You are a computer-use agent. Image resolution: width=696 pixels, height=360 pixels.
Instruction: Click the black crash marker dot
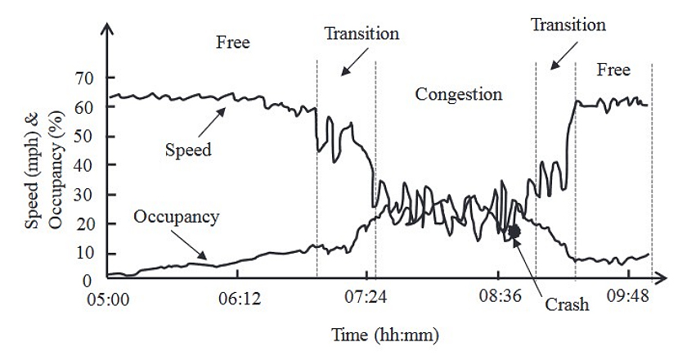(x=514, y=232)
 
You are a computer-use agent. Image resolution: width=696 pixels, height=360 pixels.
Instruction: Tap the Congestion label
(x=458, y=94)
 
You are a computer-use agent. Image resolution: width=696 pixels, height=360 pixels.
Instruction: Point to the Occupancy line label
(x=176, y=217)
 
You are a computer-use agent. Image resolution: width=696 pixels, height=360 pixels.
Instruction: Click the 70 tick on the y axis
(x=85, y=79)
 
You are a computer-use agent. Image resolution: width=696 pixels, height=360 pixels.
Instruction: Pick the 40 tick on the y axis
(x=85, y=165)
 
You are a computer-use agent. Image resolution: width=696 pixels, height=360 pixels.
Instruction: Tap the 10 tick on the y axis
(x=85, y=252)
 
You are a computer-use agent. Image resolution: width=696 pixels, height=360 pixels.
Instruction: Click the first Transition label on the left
(x=361, y=34)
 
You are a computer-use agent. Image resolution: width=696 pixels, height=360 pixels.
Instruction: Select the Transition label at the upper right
(x=568, y=25)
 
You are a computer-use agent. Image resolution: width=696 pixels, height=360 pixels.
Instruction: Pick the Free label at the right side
(x=613, y=70)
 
